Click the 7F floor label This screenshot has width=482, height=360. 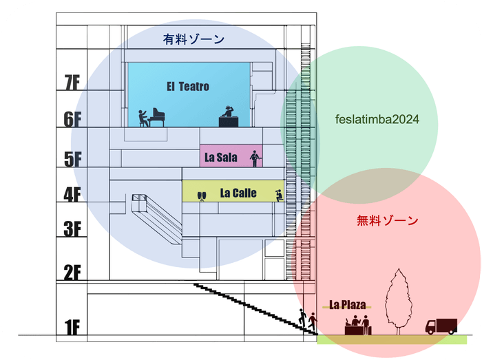(x=72, y=83)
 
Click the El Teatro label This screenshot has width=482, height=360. (x=187, y=87)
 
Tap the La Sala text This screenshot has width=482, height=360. (x=221, y=158)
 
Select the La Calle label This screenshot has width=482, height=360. (x=238, y=193)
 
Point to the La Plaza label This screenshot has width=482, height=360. (x=348, y=304)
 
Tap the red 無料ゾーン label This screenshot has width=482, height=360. (x=388, y=221)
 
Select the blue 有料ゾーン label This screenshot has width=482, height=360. (x=193, y=39)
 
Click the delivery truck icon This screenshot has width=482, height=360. (x=441, y=326)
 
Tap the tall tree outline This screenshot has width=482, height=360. (x=399, y=301)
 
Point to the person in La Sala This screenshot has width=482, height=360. (x=255, y=158)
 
